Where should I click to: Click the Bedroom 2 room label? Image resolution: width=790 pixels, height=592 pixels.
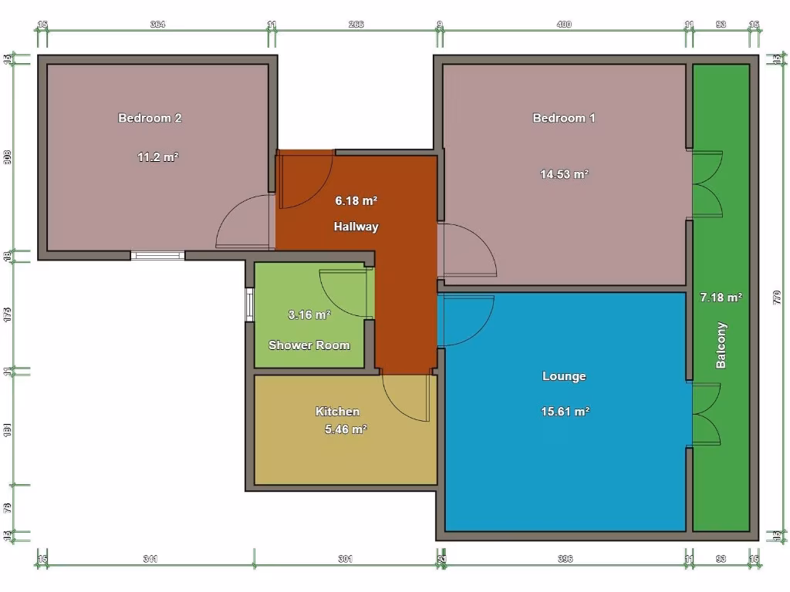150,118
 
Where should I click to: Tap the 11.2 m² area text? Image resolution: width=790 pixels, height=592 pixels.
158,157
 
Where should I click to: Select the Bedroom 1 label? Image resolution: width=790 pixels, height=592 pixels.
564,118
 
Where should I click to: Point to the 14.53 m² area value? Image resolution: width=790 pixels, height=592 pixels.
564,174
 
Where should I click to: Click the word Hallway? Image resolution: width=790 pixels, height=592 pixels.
356,227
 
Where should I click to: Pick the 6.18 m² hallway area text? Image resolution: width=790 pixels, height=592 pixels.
356,201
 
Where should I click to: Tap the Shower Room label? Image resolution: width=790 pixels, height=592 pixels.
309,345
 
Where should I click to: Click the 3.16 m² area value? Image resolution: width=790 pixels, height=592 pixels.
309,314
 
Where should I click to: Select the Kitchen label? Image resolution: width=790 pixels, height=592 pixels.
337,412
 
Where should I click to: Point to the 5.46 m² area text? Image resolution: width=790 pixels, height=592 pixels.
346,429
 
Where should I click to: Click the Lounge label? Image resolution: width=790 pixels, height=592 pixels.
564,376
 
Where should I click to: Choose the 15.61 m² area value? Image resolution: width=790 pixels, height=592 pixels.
565,412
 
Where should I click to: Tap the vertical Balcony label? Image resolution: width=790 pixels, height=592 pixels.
721,345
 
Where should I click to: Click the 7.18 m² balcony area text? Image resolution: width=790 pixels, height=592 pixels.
721,297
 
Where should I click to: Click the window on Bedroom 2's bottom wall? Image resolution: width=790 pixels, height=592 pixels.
157,255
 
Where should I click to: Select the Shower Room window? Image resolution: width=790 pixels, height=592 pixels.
249,304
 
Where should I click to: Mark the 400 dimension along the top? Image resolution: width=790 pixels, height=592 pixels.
564,25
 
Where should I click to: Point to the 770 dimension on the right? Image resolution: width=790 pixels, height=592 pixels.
777,297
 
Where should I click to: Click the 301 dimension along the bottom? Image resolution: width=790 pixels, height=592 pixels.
346,559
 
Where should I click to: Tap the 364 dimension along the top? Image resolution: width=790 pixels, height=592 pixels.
157,25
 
